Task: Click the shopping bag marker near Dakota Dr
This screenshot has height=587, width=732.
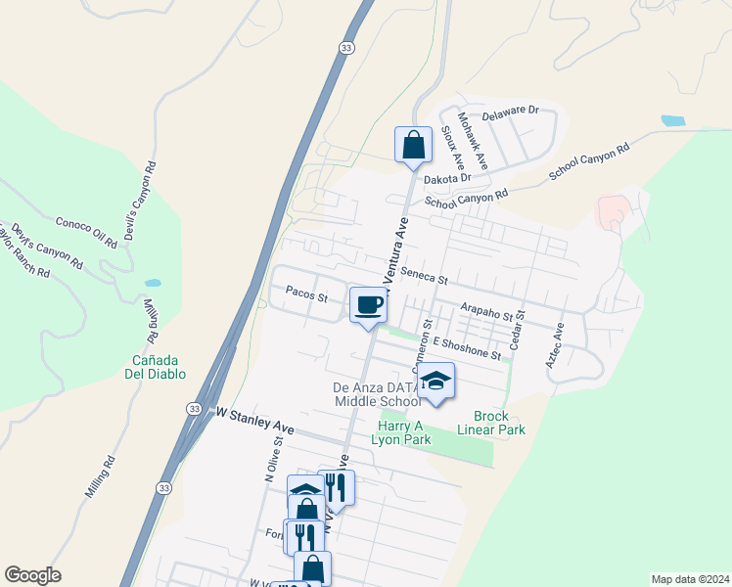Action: [413, 145]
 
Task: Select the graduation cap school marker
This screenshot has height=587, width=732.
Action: [436, 381]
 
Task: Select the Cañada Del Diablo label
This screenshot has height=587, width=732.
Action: [159, 367]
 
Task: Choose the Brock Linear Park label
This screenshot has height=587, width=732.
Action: [491, 422]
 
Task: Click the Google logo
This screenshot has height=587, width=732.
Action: [32, 575]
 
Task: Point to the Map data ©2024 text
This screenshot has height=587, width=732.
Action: [689, 578]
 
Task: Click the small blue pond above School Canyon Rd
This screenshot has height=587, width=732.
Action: [672, 121]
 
